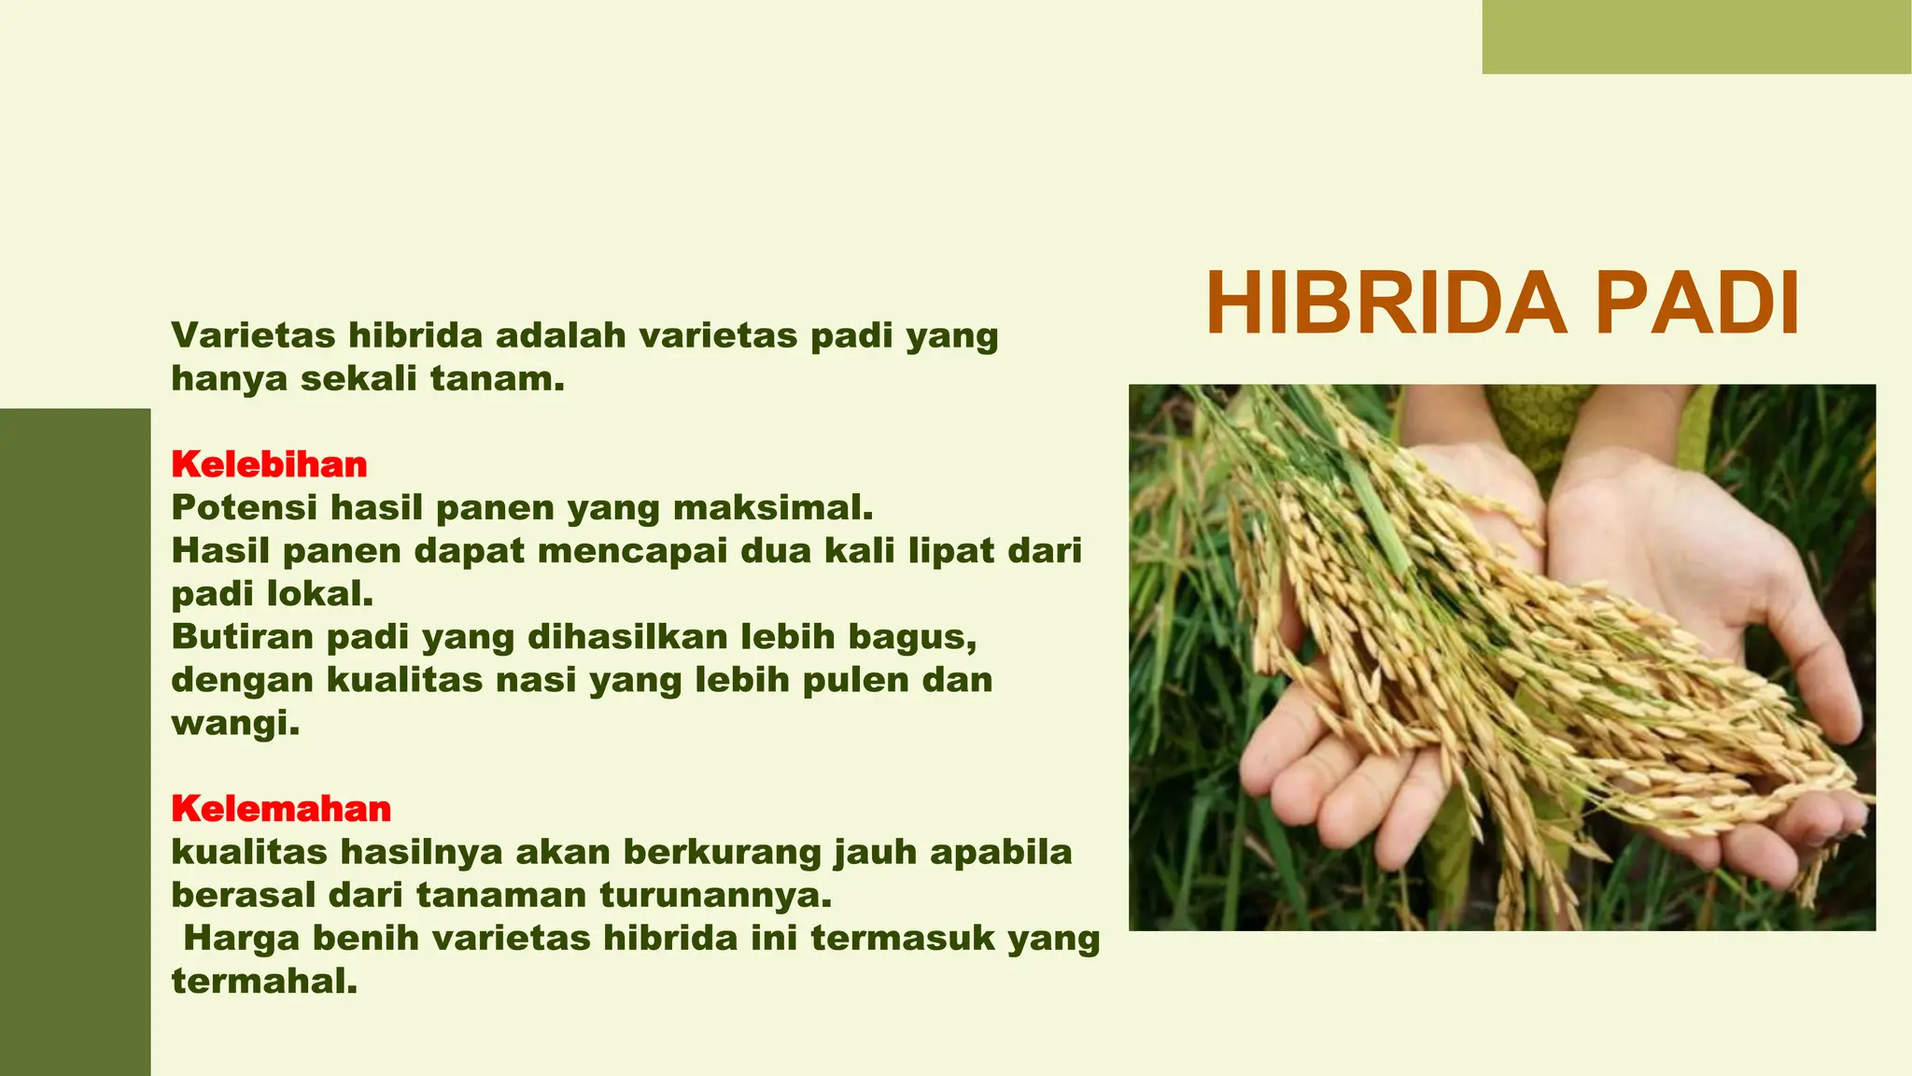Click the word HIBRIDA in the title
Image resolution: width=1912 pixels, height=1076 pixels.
pos(1385,304)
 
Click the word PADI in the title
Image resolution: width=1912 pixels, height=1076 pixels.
pos(1696,304)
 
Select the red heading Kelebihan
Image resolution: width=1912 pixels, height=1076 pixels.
pos(269,464)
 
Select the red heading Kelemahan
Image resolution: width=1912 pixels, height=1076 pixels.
pos(280,808)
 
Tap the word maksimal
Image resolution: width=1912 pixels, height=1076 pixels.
pos(772,507)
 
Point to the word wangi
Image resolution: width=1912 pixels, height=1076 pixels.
pos(234,723)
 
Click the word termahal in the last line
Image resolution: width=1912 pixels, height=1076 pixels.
pos(263,981)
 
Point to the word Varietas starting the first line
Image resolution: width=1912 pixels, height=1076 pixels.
pos(254,335)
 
